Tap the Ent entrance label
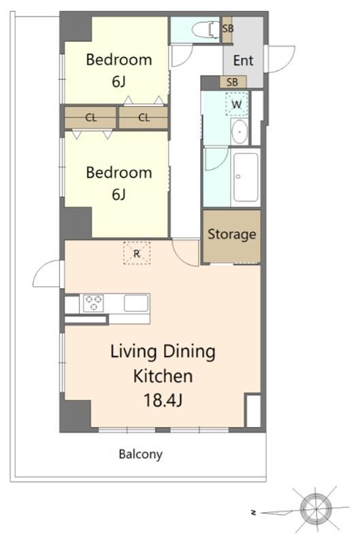click(243, 61)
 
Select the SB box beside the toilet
click(227, 29)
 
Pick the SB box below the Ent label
click(233, 82)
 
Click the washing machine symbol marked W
click(237, 104)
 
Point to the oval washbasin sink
click(240, 131)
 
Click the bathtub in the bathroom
click(246, 177)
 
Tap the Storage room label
click(231, 234)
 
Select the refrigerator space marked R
click(137, 254)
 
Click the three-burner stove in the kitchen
click(94, 303)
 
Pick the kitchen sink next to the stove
click(136, 303)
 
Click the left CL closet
click(91, 118)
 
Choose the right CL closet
click(144, 118)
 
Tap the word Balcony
click(141, 454)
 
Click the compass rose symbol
click(315, 509)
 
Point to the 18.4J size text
click(163, 401)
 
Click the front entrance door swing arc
click(281, 59)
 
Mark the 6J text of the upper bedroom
click(118, 82)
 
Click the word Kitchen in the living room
click(163, 376)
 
